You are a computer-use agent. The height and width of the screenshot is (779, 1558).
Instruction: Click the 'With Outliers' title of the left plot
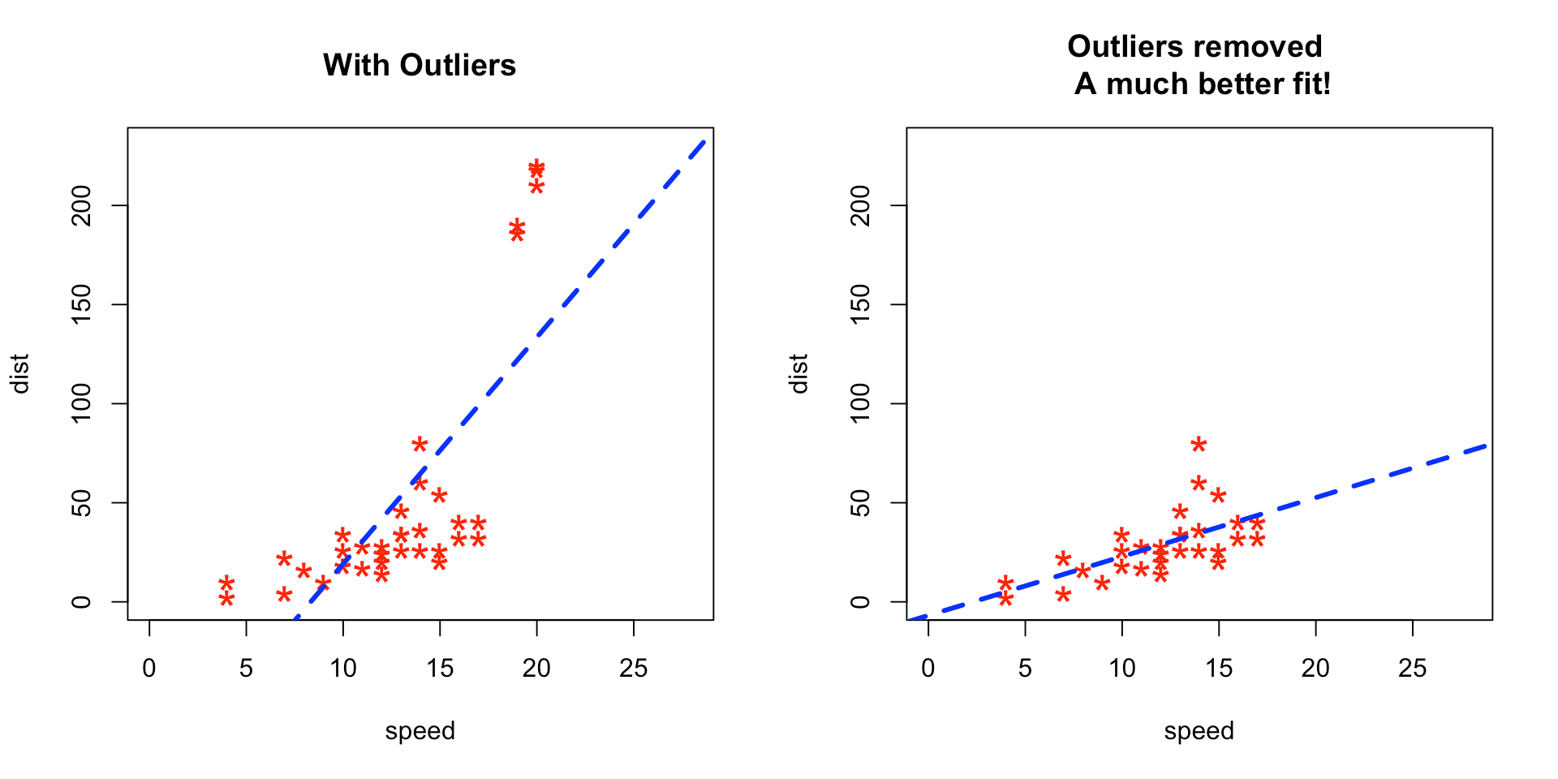(420, 65)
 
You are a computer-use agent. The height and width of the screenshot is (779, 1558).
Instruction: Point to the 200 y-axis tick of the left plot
(82, 205)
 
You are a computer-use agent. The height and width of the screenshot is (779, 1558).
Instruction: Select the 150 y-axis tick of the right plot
(861, 304)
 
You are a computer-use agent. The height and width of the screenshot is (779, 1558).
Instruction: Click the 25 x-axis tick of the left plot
(633, 668)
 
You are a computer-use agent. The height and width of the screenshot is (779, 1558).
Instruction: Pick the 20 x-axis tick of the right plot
(1315, 668)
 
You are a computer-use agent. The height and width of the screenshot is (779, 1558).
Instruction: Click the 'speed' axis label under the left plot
(420, 731)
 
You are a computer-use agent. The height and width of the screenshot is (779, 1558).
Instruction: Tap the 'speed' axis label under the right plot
(1199, 731)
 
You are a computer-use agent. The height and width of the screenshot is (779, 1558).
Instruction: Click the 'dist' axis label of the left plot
(19, 373)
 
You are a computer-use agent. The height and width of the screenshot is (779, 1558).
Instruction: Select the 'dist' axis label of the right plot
(798, 373)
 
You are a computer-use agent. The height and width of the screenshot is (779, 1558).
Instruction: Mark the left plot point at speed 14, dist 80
(420, 444)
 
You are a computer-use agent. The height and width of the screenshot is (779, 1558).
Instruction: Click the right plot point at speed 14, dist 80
(1199, 444)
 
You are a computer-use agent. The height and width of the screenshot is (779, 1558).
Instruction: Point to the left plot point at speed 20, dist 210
(536, 186)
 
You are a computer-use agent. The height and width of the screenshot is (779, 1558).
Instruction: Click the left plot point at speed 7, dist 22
(284, 558)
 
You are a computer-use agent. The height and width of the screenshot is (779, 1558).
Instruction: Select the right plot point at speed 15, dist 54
(1218, 495)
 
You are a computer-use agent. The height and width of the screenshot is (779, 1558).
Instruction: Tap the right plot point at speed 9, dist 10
(1102, 583)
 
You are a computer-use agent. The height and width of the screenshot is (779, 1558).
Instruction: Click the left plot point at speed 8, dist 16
(303, 570)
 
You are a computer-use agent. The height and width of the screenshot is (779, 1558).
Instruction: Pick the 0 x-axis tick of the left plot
(149, 668)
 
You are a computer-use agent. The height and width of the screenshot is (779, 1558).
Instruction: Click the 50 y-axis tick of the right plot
(861, 503)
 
